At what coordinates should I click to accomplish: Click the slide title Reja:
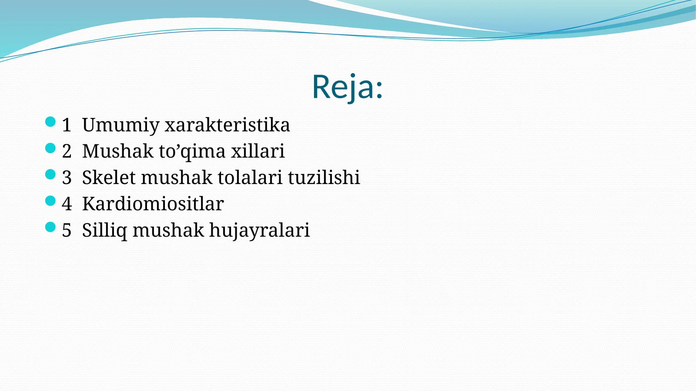coord(347,87)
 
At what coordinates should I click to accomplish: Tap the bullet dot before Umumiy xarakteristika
coord(50,122)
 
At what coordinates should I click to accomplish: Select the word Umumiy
coord(120,126)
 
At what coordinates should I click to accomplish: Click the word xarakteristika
coord(227,125)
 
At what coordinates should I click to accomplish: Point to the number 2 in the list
coord(67,151)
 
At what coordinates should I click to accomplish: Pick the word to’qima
coord(192,152)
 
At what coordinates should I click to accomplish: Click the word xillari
coord(258,151)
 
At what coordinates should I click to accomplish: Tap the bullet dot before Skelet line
coord(50,174)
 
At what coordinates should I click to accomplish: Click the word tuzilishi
coord(324,177)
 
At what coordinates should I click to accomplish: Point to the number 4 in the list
coord(67,204)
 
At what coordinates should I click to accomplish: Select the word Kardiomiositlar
coord(153,204)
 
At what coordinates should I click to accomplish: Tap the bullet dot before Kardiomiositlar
coord(50,201)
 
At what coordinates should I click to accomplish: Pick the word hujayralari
coord(259,231)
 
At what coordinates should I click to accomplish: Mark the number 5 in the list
coord(67,231)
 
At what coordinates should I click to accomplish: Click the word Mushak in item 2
coord(117,151)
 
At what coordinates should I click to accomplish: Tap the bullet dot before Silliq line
coord(50,227)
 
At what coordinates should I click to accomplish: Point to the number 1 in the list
coord(66,125)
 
